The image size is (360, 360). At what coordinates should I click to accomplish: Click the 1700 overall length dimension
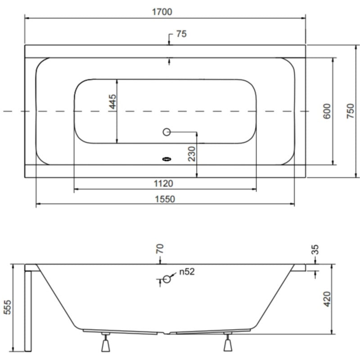tap(162, 12)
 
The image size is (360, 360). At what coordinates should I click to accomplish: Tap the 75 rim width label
tap(181, 34)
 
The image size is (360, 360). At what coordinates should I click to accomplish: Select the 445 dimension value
tap(112, 102)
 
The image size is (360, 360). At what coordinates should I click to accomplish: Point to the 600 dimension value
tap(327, 111)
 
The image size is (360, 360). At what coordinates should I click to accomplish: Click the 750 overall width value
tap(351, 111)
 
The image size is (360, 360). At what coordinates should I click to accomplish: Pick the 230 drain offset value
tap(192, 154)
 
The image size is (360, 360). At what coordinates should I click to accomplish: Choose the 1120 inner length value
tap(163, 184)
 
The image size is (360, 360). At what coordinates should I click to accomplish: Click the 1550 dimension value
tap(165, 199)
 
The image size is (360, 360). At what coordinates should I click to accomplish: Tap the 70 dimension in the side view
tap(160, 249)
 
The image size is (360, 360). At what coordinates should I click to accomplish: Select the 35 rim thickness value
tap(315, 250)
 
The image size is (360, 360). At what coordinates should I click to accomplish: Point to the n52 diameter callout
tap(187, 272)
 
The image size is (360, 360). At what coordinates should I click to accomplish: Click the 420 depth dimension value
tap(327, 299)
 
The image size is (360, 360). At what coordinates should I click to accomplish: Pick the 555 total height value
tap(7, 307)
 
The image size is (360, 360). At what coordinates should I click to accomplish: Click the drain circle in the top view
tap(166, 132)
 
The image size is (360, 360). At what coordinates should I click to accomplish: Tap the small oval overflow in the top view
tap(166, 159)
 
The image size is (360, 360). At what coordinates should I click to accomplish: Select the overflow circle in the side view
tap(166, 279)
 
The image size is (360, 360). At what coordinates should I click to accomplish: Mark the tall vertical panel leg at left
tap(28, 311)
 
